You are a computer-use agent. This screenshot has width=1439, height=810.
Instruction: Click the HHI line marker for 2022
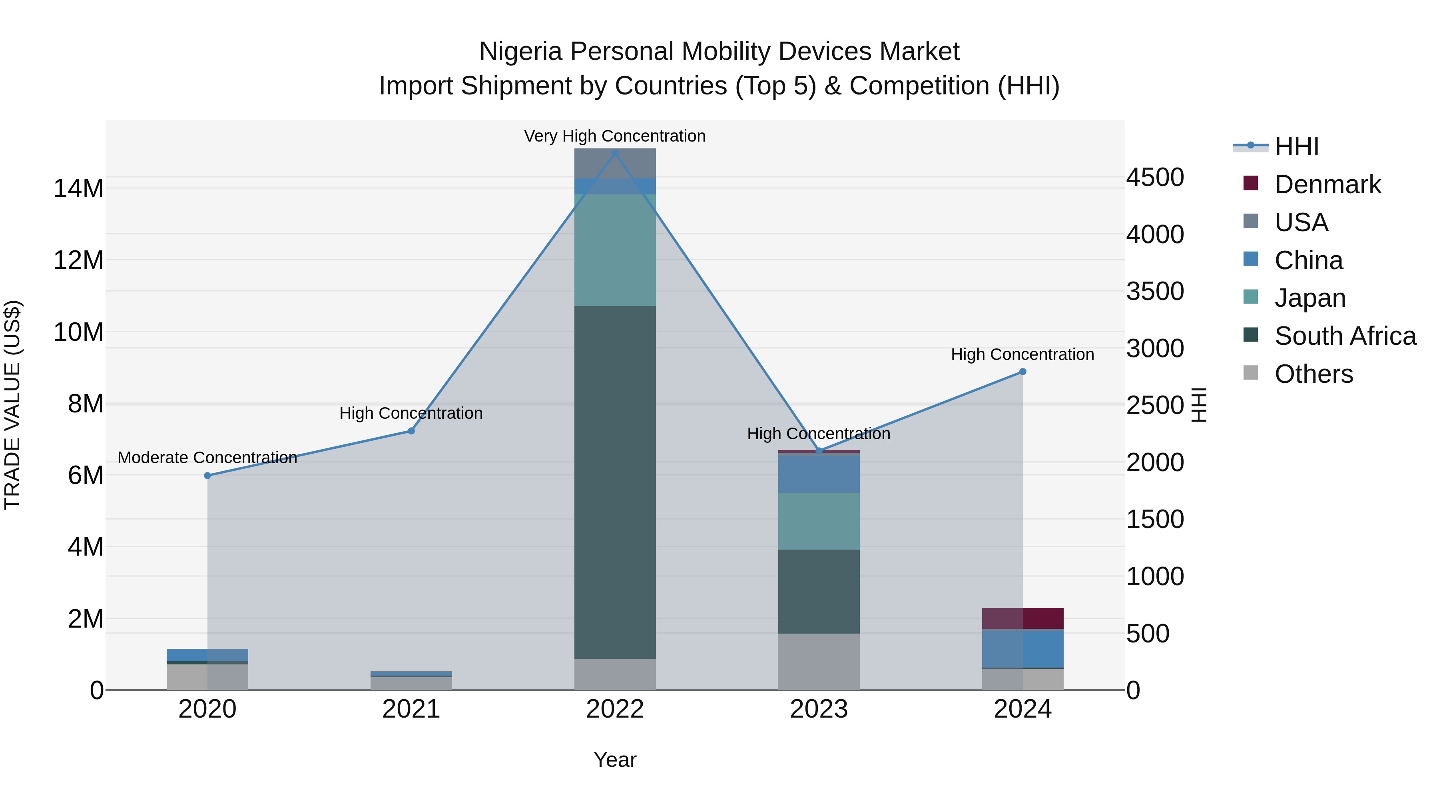[x=615, y=153]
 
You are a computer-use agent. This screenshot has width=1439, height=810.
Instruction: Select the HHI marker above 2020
[x=207, y=476]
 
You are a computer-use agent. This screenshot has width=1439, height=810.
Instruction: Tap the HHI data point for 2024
[x=1023, y=372]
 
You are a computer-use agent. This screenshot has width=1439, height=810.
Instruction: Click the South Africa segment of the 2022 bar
[x=615, y=481]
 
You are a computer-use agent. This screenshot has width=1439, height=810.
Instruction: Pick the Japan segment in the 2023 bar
[x=819, y=520]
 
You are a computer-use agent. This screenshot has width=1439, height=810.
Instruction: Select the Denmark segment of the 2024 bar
[x=1023, y=618]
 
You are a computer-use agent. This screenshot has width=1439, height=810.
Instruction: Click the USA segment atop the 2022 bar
[x=615, y=164]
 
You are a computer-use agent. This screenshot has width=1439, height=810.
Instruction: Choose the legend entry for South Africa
[x=1345, y=336]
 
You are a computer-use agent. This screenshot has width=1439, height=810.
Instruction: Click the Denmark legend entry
[x=1327, y=184]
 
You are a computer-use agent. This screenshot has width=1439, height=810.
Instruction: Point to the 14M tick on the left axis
[x=78, y=188]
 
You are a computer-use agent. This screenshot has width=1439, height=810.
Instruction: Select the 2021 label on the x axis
[x=411, y=709]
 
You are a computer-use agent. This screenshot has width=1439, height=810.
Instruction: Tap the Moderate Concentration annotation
[x=207, y=457]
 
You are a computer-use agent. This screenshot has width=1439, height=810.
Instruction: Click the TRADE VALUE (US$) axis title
[x=12, y=405]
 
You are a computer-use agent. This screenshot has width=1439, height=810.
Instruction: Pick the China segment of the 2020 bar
[x=207, y=654]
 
